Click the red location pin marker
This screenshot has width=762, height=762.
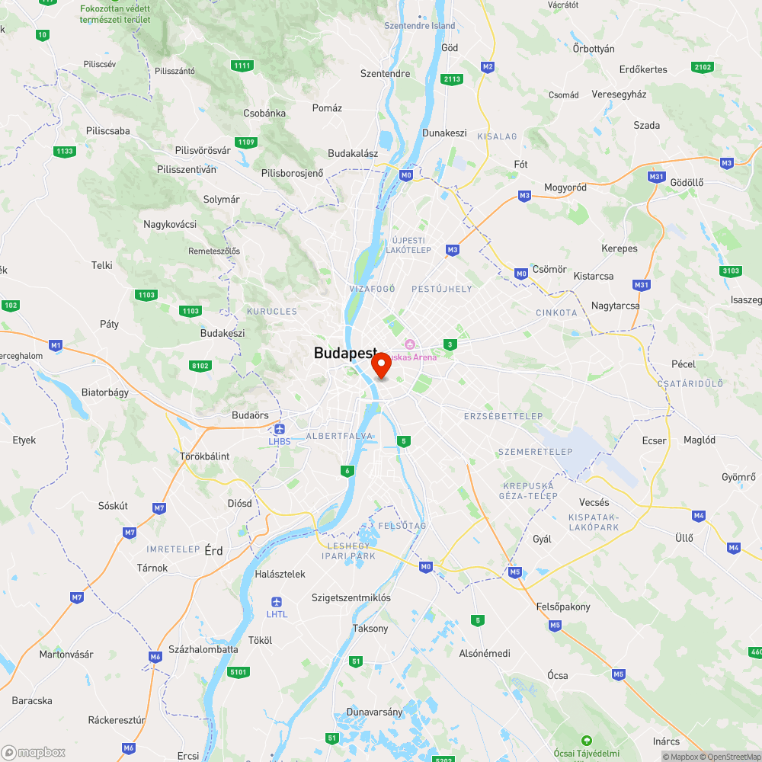381,365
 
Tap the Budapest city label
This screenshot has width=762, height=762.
345,353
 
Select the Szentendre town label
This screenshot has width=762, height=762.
385,74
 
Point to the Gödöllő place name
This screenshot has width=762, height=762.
686,182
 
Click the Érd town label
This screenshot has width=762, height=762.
214,550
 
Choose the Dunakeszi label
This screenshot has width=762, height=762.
444,133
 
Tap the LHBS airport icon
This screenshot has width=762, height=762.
280,429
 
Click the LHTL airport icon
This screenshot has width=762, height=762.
277,602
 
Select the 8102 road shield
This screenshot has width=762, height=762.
200,366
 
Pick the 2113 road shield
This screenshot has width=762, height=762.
453,79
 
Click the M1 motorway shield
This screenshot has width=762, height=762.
55,345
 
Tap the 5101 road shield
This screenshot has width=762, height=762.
239,671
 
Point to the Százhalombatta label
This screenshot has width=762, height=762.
203,649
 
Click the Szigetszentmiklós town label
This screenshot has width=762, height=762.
351,597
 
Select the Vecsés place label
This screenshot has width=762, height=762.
594,502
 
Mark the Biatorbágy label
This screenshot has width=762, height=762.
105,392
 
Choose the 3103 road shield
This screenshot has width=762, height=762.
730,271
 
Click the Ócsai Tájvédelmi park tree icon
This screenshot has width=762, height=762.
586,740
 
